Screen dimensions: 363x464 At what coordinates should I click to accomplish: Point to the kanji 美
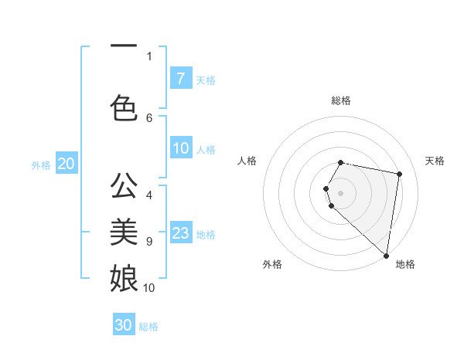click(124, 231)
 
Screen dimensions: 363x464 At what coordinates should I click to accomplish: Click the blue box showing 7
click(180, 78)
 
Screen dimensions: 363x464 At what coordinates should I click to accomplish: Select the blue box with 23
click(180, 233)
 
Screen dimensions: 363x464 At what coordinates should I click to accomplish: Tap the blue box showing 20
click(66, 164)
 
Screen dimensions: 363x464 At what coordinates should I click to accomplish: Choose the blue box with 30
click(124, 325)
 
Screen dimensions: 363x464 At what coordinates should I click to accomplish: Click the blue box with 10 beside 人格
click(180, 149)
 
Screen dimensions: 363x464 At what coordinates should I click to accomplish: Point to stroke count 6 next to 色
click(149, 117)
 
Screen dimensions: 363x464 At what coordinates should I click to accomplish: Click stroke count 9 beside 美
click(149, 242)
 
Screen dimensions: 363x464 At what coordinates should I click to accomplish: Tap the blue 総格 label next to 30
click(148, 327)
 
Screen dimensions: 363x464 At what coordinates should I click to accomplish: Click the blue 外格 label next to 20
click(40, 165)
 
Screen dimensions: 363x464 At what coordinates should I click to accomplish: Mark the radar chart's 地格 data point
click(386, 255)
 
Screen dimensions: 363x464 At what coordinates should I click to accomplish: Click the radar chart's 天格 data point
click(399, 175)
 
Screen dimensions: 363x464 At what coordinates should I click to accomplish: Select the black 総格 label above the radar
click(341, 100)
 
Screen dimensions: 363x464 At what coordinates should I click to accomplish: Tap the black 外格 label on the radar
click(272, 264)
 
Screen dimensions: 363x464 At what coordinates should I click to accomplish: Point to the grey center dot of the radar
click(341, 192)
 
